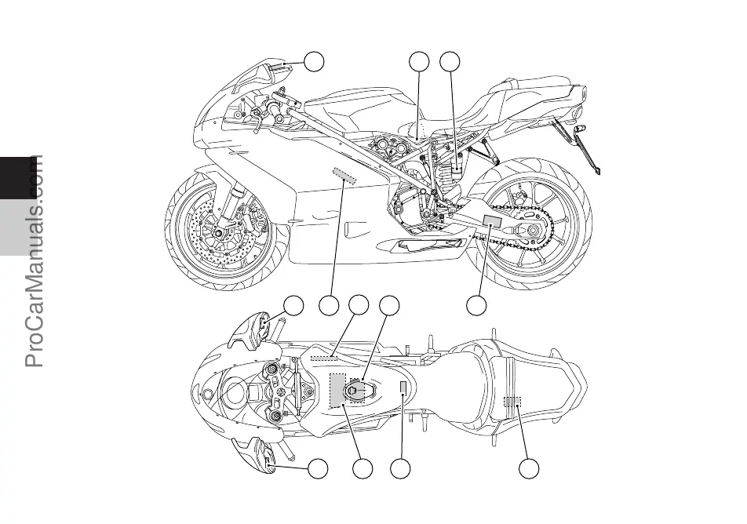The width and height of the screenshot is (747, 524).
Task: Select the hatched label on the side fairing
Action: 344,176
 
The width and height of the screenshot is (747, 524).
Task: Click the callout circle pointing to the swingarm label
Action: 476,306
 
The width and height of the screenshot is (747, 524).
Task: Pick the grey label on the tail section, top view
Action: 512,403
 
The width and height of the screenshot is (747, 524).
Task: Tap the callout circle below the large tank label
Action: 362,469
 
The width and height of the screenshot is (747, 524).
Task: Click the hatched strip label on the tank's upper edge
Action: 323,357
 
